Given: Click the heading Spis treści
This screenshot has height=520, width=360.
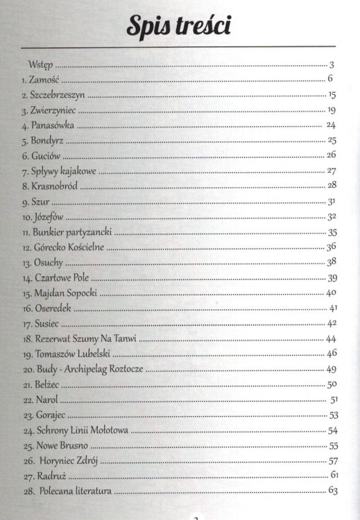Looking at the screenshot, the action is point(179,26).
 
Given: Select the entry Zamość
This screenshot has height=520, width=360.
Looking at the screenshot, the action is point(45,79).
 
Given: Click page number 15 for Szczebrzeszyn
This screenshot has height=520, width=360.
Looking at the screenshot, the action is point(332,94).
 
